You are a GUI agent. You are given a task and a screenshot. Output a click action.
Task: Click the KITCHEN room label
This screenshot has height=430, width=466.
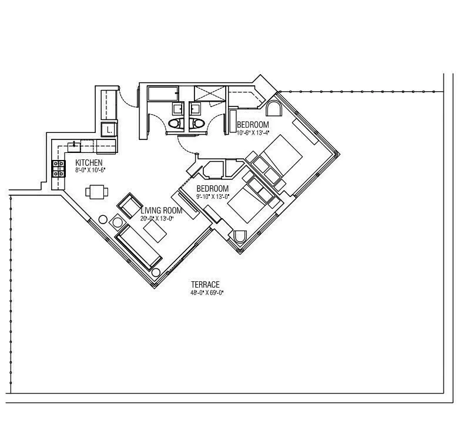(89, 163)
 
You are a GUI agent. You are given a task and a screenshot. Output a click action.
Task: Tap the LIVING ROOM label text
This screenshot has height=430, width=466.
(161, 211)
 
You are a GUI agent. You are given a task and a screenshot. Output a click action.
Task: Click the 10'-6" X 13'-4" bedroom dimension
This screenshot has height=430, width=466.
(253, 133)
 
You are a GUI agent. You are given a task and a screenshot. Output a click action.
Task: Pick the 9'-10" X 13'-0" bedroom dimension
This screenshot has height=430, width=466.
(212, 196)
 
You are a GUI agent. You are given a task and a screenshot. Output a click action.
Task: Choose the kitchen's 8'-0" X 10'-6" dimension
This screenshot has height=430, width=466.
(90, 171)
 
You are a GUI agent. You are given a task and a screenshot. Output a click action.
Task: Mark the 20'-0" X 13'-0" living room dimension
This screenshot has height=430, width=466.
(157, 218)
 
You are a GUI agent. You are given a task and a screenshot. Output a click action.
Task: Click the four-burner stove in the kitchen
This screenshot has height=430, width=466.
(59, 169)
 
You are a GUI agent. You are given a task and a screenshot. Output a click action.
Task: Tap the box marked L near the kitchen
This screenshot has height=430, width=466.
(110, 129)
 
